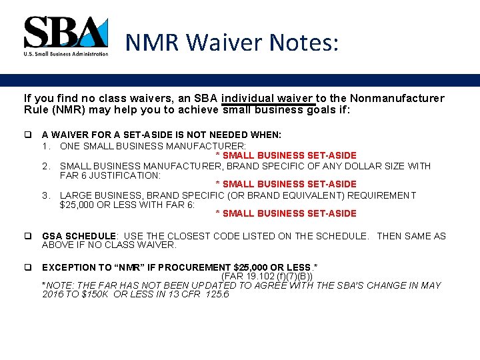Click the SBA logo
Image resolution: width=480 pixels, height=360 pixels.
click(65, 35)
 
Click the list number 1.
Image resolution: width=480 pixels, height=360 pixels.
click(46, 145)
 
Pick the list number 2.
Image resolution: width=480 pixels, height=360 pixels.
click(46, 166)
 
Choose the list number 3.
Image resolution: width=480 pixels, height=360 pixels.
click(46, 195)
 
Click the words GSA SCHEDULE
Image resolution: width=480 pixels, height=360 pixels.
click(79, 236)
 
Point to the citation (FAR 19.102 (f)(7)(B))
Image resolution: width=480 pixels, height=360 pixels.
click(267, 276)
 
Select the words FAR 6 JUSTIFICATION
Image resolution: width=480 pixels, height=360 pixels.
click(110, 175)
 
